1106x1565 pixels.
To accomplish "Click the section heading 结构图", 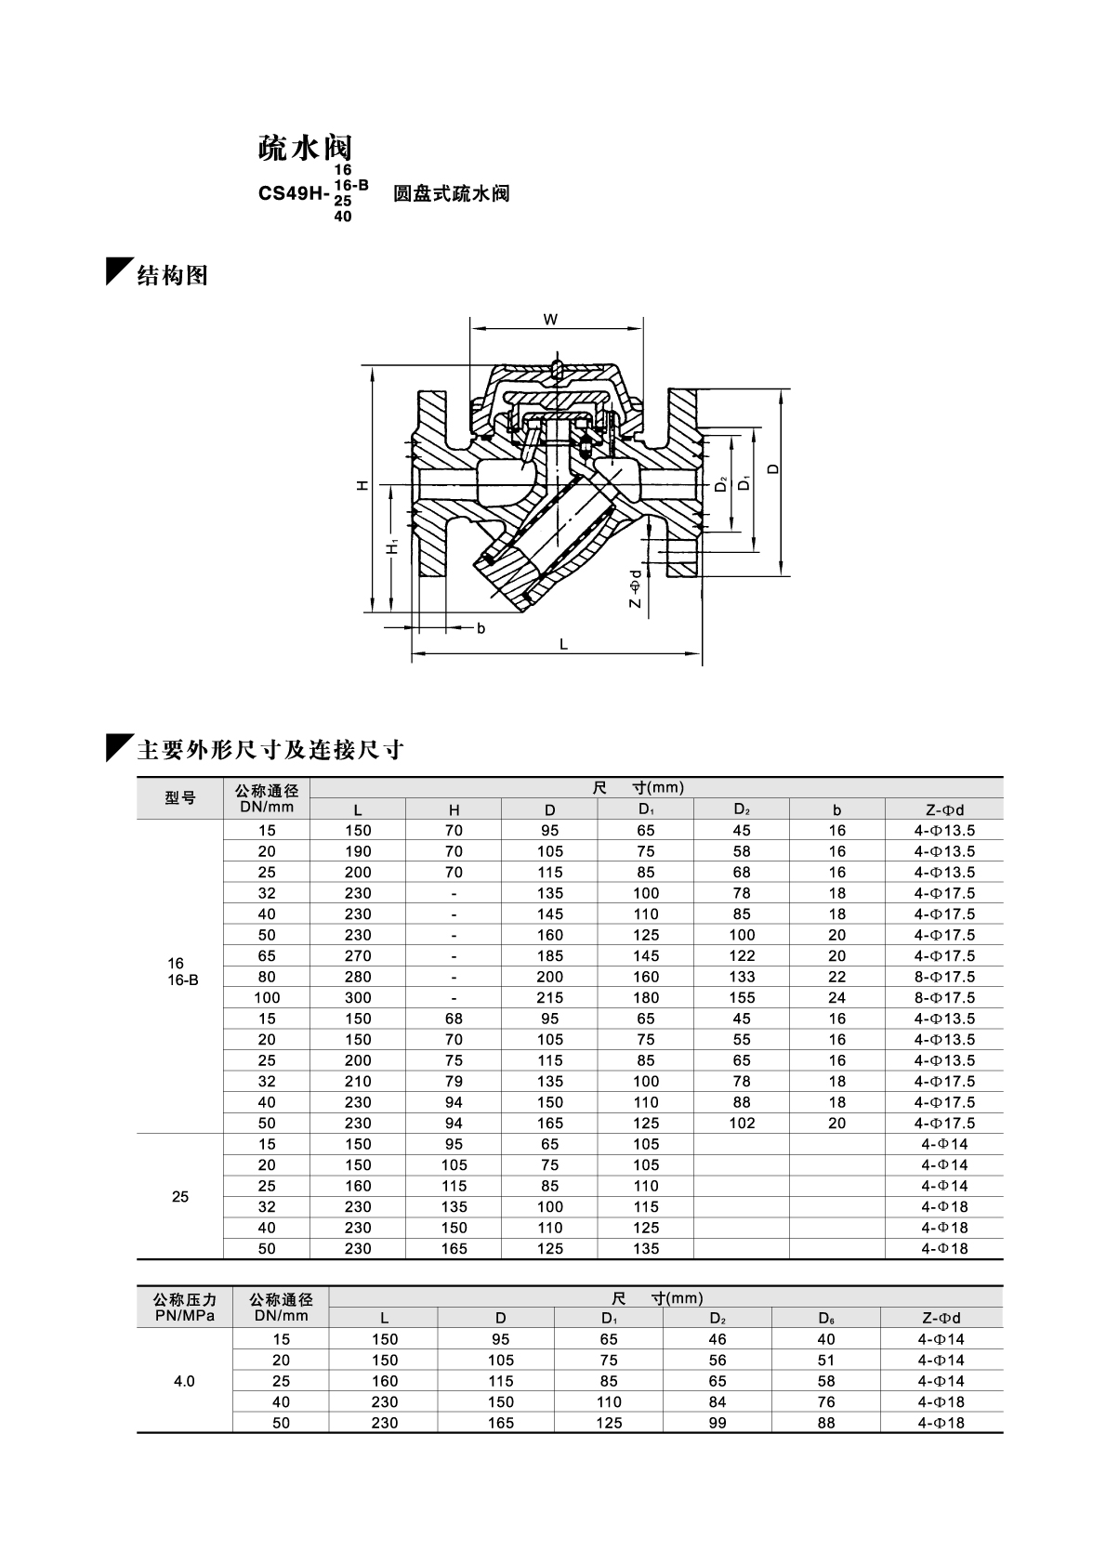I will (172, 275).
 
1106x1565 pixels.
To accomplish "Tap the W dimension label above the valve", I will (550, 320).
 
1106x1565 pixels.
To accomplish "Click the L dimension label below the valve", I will (563, 644).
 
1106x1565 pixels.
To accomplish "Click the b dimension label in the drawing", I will (481, 628).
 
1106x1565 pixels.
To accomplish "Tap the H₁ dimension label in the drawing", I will (394, 548).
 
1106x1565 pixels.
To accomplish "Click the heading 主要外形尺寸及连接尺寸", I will (270, 750).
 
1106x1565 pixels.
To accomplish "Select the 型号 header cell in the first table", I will (180, 798).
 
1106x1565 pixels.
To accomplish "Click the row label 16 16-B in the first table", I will (182, 971).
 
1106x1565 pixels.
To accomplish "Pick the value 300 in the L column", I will (358, 997).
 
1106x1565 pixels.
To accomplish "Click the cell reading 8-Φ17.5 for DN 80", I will (944, 977).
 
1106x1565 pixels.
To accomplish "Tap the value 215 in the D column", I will (550, 997).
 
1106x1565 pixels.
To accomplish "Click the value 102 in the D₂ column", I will (742, 1123).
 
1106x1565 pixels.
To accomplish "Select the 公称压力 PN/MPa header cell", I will (184, 1307).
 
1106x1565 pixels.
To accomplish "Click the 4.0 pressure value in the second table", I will (184, 1381).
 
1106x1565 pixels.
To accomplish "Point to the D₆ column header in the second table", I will (826, 1318).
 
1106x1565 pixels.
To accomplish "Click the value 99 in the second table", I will (718, 1423).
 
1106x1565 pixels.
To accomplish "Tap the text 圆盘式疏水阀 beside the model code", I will (452, 194).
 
